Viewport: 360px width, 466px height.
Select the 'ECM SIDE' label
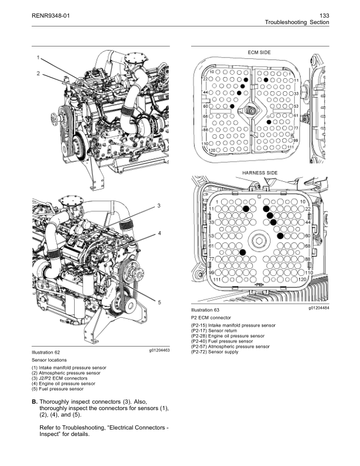(x=256, y=52)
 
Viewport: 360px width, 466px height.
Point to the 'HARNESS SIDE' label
(x=256, y=173)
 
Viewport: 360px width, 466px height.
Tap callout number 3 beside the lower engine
(x=159, y=205)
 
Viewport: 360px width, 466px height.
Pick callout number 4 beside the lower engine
(x=159, y=234)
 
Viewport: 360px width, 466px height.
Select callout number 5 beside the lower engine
(x=159, y=302)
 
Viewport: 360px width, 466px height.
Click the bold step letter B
(x=34, y=402)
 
